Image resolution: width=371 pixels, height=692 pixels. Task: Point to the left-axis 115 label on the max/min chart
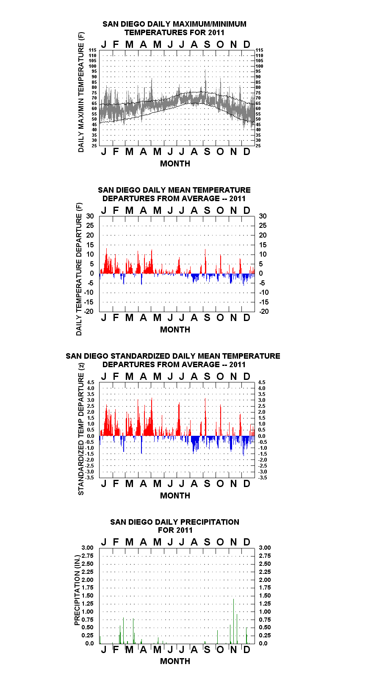click(93, 50)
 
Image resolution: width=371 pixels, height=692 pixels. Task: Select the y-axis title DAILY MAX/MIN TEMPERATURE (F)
click(81, 92)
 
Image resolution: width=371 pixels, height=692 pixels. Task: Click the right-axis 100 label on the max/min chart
click(260, 66)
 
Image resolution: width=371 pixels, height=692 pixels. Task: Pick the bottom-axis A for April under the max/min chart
click(143, 152)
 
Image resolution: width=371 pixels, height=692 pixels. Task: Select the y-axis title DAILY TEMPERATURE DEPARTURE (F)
click(79, 269)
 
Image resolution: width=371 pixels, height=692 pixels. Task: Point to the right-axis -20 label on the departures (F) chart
click(264, 311)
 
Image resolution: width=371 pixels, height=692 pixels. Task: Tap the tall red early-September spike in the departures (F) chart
click(205, 261)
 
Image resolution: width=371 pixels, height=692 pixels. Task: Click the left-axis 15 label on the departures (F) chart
click(90, 245)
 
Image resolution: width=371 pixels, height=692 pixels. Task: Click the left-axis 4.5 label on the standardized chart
click(91, 382)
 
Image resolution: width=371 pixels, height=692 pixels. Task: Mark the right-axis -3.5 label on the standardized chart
click(263, 478)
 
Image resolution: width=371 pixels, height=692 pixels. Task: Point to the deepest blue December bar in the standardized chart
click(244, 446)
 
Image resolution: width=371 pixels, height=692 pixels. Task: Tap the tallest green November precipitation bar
click(233, 621)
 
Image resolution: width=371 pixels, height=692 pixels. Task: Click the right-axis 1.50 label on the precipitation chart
click(265, 595)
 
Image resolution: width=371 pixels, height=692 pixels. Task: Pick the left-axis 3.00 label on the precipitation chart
click(87, 548)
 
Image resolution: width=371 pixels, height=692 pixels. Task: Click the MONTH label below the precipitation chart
click(175, 661)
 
